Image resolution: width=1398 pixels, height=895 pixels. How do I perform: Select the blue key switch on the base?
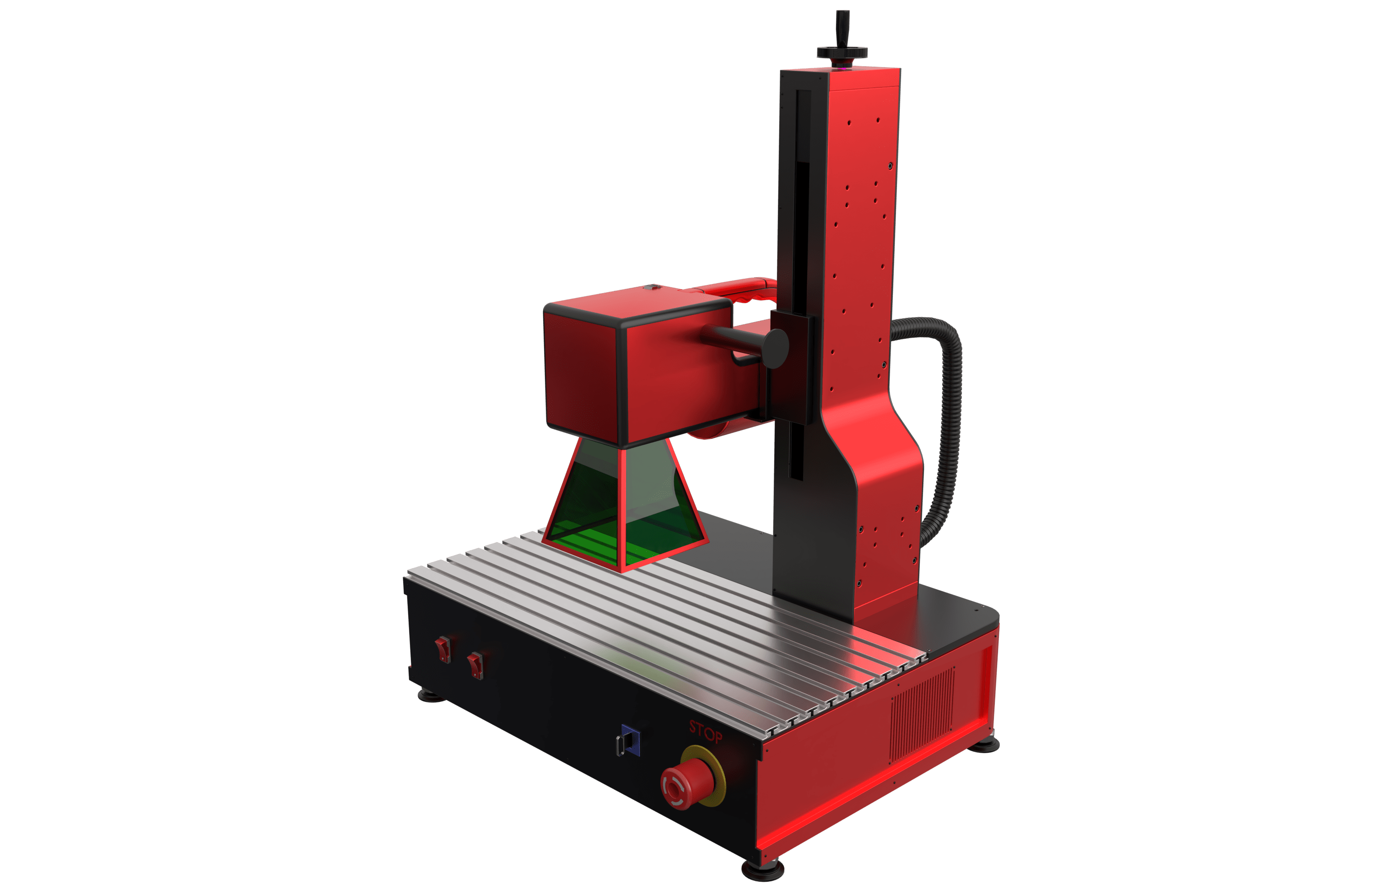tap(630, 740)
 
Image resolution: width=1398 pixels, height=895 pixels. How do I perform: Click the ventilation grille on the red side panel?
tap(922, 714)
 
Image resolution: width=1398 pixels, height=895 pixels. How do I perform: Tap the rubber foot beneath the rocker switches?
tap(431, 696)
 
